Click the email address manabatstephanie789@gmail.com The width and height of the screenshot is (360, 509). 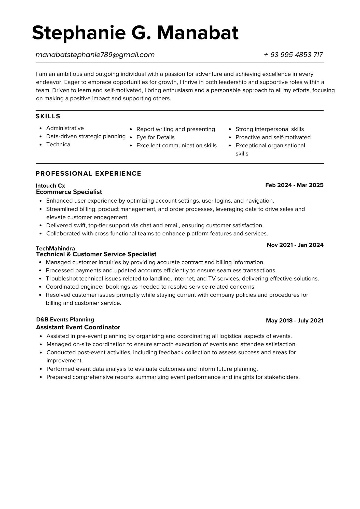coord(95,55)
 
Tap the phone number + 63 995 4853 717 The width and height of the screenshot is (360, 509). coord(293,55)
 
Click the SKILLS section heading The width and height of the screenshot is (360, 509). coord(48,116)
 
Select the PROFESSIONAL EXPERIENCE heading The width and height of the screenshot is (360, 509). coord(88,174)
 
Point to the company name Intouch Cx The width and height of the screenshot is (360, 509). coord(50,186)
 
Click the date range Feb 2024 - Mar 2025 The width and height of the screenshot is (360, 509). coord(294,185)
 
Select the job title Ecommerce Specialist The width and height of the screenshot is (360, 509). coord(69,192)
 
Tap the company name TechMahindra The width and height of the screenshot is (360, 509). coord(55,248)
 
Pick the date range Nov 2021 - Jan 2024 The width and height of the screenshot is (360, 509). coord(295,245)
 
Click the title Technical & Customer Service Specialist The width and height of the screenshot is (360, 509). coord(96,254)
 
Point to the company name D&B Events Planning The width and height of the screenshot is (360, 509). coord(65,320)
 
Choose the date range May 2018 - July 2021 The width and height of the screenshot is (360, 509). coord(295,320)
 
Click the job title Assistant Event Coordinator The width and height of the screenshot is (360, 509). coord(78,327)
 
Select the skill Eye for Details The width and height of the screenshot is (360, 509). coord(155,137)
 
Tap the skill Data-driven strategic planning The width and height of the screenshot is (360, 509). coord(86,136)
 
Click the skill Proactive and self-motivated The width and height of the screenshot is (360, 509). coord(273,137)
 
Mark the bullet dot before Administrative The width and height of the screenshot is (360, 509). coord(41,129)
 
